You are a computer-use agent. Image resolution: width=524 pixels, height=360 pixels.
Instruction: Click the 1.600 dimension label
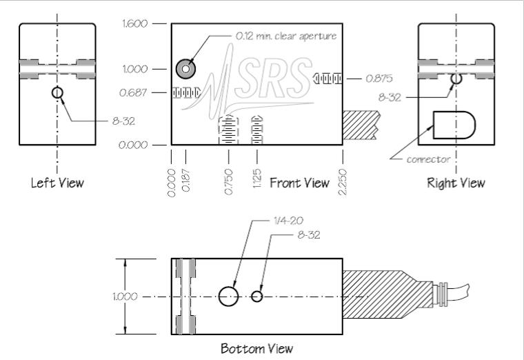[134, 23]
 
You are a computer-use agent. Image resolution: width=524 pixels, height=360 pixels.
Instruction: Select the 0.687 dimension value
[133, 92]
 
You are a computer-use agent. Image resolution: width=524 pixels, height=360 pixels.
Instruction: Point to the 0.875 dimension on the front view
[379, 79]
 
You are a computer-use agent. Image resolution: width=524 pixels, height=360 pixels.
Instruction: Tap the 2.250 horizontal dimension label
[343, 182]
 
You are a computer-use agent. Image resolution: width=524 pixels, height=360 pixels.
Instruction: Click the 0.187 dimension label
[185, 181]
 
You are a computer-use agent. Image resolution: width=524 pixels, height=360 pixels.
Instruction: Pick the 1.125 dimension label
[257, 179]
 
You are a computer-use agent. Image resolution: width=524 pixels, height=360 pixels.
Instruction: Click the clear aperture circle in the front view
[185, 69]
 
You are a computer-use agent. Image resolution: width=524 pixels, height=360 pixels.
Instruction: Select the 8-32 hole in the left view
[57, 92]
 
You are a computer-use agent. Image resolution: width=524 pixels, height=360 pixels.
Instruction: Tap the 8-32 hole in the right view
[456, 79]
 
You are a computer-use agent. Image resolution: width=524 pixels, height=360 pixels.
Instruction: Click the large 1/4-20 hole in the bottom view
[229, 296]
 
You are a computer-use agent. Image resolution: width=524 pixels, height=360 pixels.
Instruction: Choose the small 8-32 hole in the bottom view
[256, 296]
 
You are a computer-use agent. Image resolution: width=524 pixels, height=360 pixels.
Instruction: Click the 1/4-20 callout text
[288, 221]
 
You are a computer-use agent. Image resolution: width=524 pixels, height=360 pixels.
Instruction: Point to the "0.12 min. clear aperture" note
[286, 36]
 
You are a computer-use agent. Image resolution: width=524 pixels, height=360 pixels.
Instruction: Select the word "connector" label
[428, 159]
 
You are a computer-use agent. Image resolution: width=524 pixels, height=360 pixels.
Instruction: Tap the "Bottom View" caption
[257, 349]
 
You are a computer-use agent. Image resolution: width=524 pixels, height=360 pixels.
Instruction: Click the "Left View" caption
[57, 183]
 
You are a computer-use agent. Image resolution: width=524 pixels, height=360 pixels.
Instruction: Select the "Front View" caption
[299, 183]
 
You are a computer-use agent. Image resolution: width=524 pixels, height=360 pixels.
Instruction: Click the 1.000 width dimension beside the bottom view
[125, 297]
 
